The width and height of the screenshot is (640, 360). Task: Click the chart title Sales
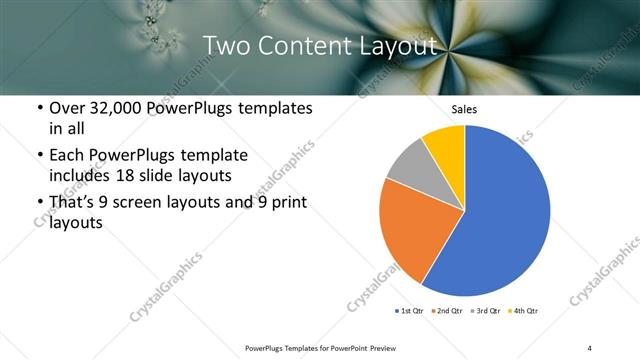click(465, 109)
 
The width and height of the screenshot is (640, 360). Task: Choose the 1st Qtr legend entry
click(411, 312)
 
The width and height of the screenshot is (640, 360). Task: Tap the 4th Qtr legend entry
click(524, 312)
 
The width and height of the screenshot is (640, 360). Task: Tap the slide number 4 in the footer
click(590, 347)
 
